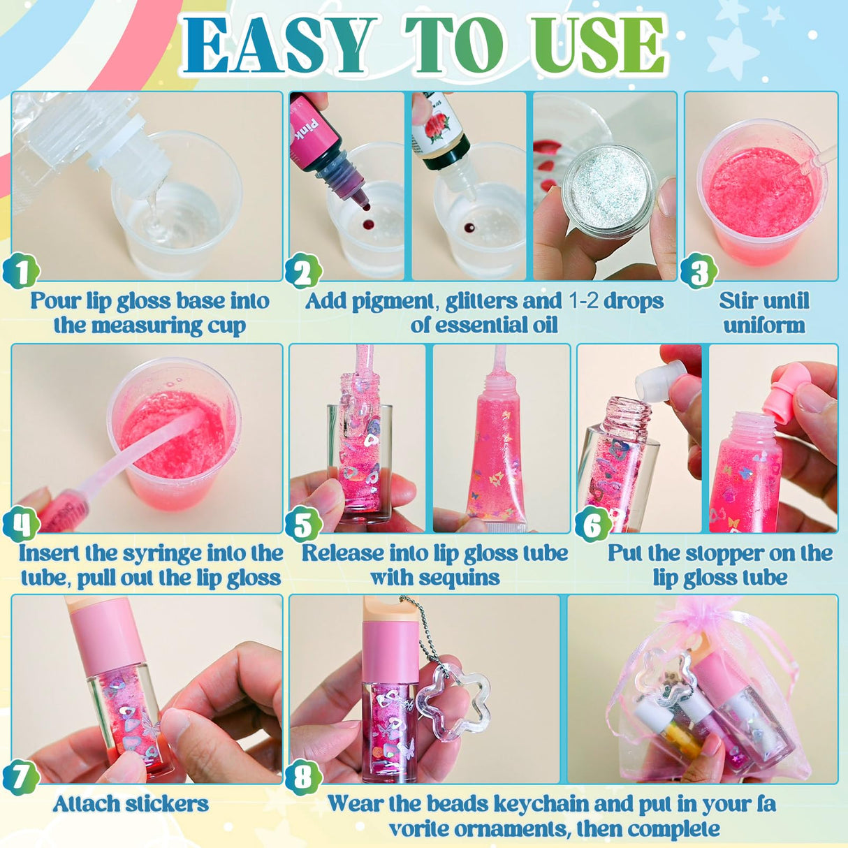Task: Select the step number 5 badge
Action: (x=303, y=524)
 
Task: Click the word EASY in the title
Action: (x=276, y=45)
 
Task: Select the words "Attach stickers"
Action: (x=131, y=804)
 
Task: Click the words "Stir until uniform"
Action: (x=763, y=313)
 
